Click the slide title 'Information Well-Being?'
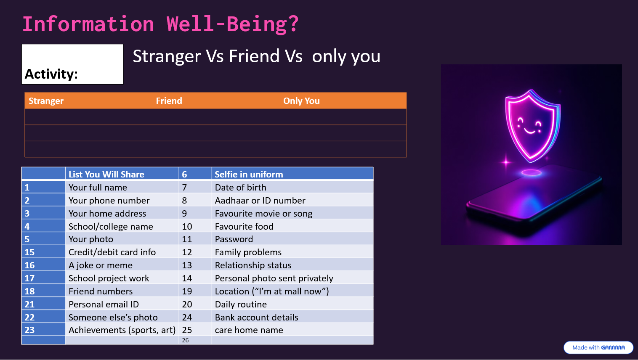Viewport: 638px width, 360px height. coord(160,24)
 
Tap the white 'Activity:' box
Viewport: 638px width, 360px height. coord(72,64)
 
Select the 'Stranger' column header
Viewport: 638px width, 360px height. coord(46,101)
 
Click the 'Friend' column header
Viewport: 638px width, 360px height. coord(169,101)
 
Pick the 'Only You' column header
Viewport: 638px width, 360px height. coord(301,101)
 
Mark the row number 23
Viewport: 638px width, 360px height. coord(29,330)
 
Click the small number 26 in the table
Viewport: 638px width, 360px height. coord(185,340)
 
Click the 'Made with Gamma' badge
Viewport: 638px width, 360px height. coord(598,347)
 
